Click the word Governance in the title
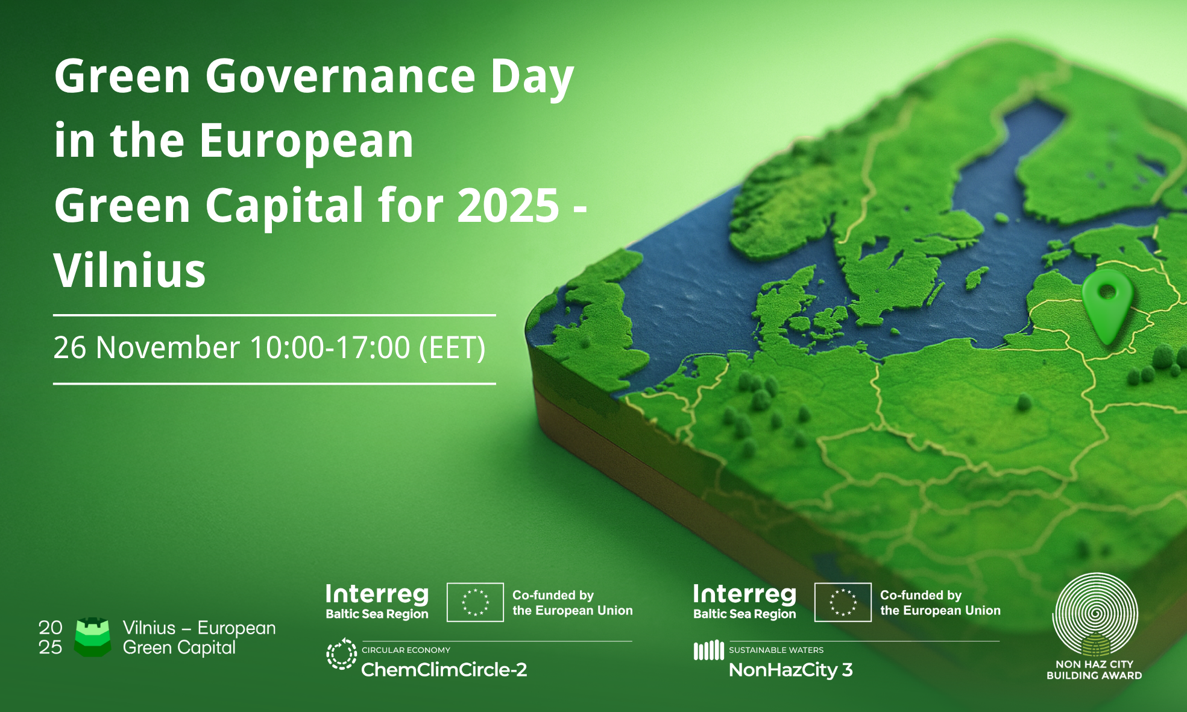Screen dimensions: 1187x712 click(x=341, y=77)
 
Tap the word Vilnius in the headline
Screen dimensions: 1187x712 click(x=130, y=271)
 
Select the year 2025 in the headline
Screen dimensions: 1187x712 click(x=508, y=206)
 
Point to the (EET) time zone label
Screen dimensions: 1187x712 click(x=452, y=348)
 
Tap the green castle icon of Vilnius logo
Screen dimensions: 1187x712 click(x=92, y=637)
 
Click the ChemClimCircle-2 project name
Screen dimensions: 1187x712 click(x=444, y=670)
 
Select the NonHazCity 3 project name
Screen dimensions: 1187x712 click(x=791, y=670)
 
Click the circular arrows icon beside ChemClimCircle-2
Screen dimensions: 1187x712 click(x=342, y=654)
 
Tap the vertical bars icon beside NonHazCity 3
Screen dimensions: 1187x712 click(x=708, y=650)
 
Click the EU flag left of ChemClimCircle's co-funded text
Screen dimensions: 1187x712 click(x=475, y=602)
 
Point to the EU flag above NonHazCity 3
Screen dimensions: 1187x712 click(x=843, y=602)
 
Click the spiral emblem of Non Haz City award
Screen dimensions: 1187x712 click(x=1095, y=614)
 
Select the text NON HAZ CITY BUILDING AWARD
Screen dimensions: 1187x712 click(x=1094, y=670)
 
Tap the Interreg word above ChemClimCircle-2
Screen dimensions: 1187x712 click(x=377, y=594)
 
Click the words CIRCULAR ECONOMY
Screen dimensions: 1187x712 click(x=406, y=650)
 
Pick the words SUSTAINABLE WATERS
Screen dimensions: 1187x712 click(x=776, y=650)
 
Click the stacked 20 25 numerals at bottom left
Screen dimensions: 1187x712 click(x=51, y=637)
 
